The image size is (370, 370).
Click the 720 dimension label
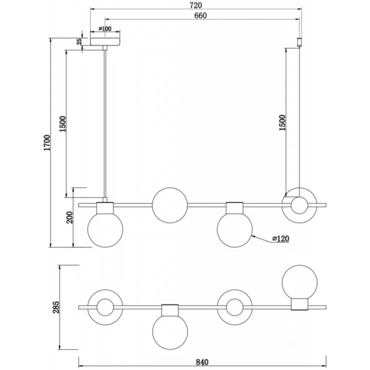[196, 5]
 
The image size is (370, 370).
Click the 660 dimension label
[200, 16]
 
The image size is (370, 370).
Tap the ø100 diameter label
[105, 29]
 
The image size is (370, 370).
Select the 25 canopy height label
[80, 42]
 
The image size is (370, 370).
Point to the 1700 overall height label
[47, 143]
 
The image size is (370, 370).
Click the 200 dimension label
[70, 217]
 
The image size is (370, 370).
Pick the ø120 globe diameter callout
[281, 239]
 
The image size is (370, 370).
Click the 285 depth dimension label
[56, 307]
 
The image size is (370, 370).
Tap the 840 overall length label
[202, 362]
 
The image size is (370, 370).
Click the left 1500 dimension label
[63, 124]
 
